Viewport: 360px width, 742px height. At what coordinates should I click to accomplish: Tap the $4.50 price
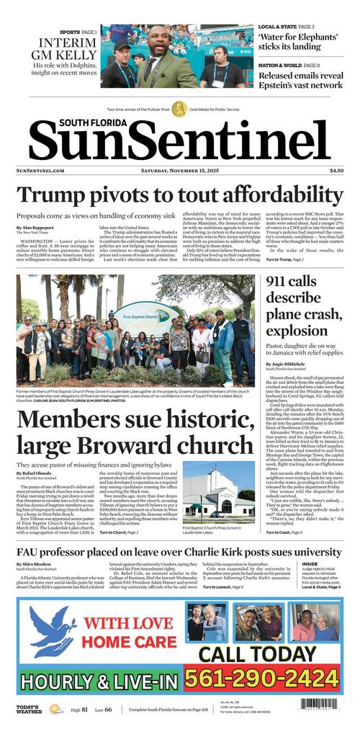click(x=336, y=171)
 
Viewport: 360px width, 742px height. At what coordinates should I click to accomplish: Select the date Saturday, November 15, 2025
click(x=179, y=171)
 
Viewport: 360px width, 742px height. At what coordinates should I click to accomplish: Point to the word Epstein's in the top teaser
click(x=282, y=85)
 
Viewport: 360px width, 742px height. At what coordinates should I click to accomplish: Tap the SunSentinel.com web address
click(x=40, y=171)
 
